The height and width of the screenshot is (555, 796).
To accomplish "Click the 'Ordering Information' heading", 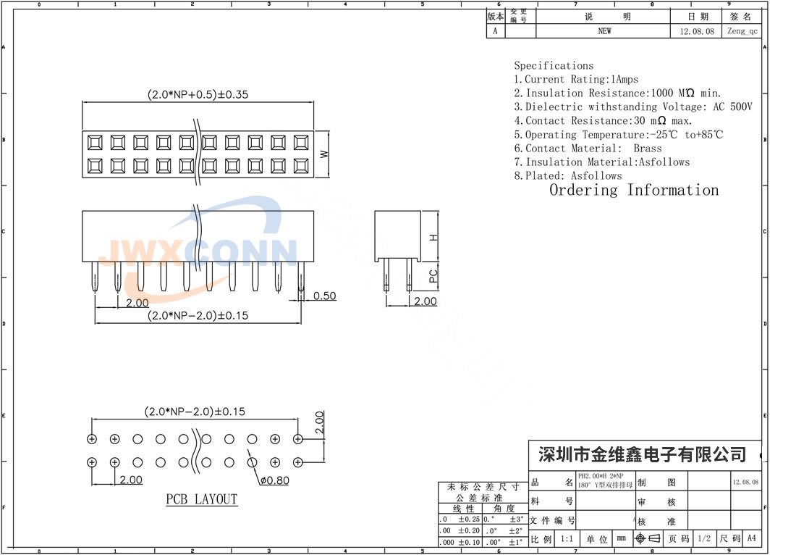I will point(634,191).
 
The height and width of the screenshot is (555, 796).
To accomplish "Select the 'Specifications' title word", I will point(554,66).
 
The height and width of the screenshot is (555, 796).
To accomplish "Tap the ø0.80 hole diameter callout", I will point(274,480).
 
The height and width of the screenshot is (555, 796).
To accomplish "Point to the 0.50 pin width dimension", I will point(324,296).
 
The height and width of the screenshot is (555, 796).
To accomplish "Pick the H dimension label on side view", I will point(433,237).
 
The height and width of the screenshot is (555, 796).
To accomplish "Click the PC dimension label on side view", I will point(433,276).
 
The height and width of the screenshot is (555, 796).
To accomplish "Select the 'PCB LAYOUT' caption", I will point(201,499).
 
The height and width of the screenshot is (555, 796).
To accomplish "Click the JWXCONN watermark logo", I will point(197,251).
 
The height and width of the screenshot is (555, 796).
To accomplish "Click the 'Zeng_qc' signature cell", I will point(742,31).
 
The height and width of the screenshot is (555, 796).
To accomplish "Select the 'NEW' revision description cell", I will point(604,31).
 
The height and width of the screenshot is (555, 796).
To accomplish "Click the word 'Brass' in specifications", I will point(648,148).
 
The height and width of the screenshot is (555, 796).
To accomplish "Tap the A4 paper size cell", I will point(752,538).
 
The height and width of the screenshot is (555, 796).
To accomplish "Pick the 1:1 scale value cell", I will point(567,538).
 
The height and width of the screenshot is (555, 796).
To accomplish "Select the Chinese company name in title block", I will point(643,455).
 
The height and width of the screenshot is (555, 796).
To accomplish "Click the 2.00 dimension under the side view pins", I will point(425,301).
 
